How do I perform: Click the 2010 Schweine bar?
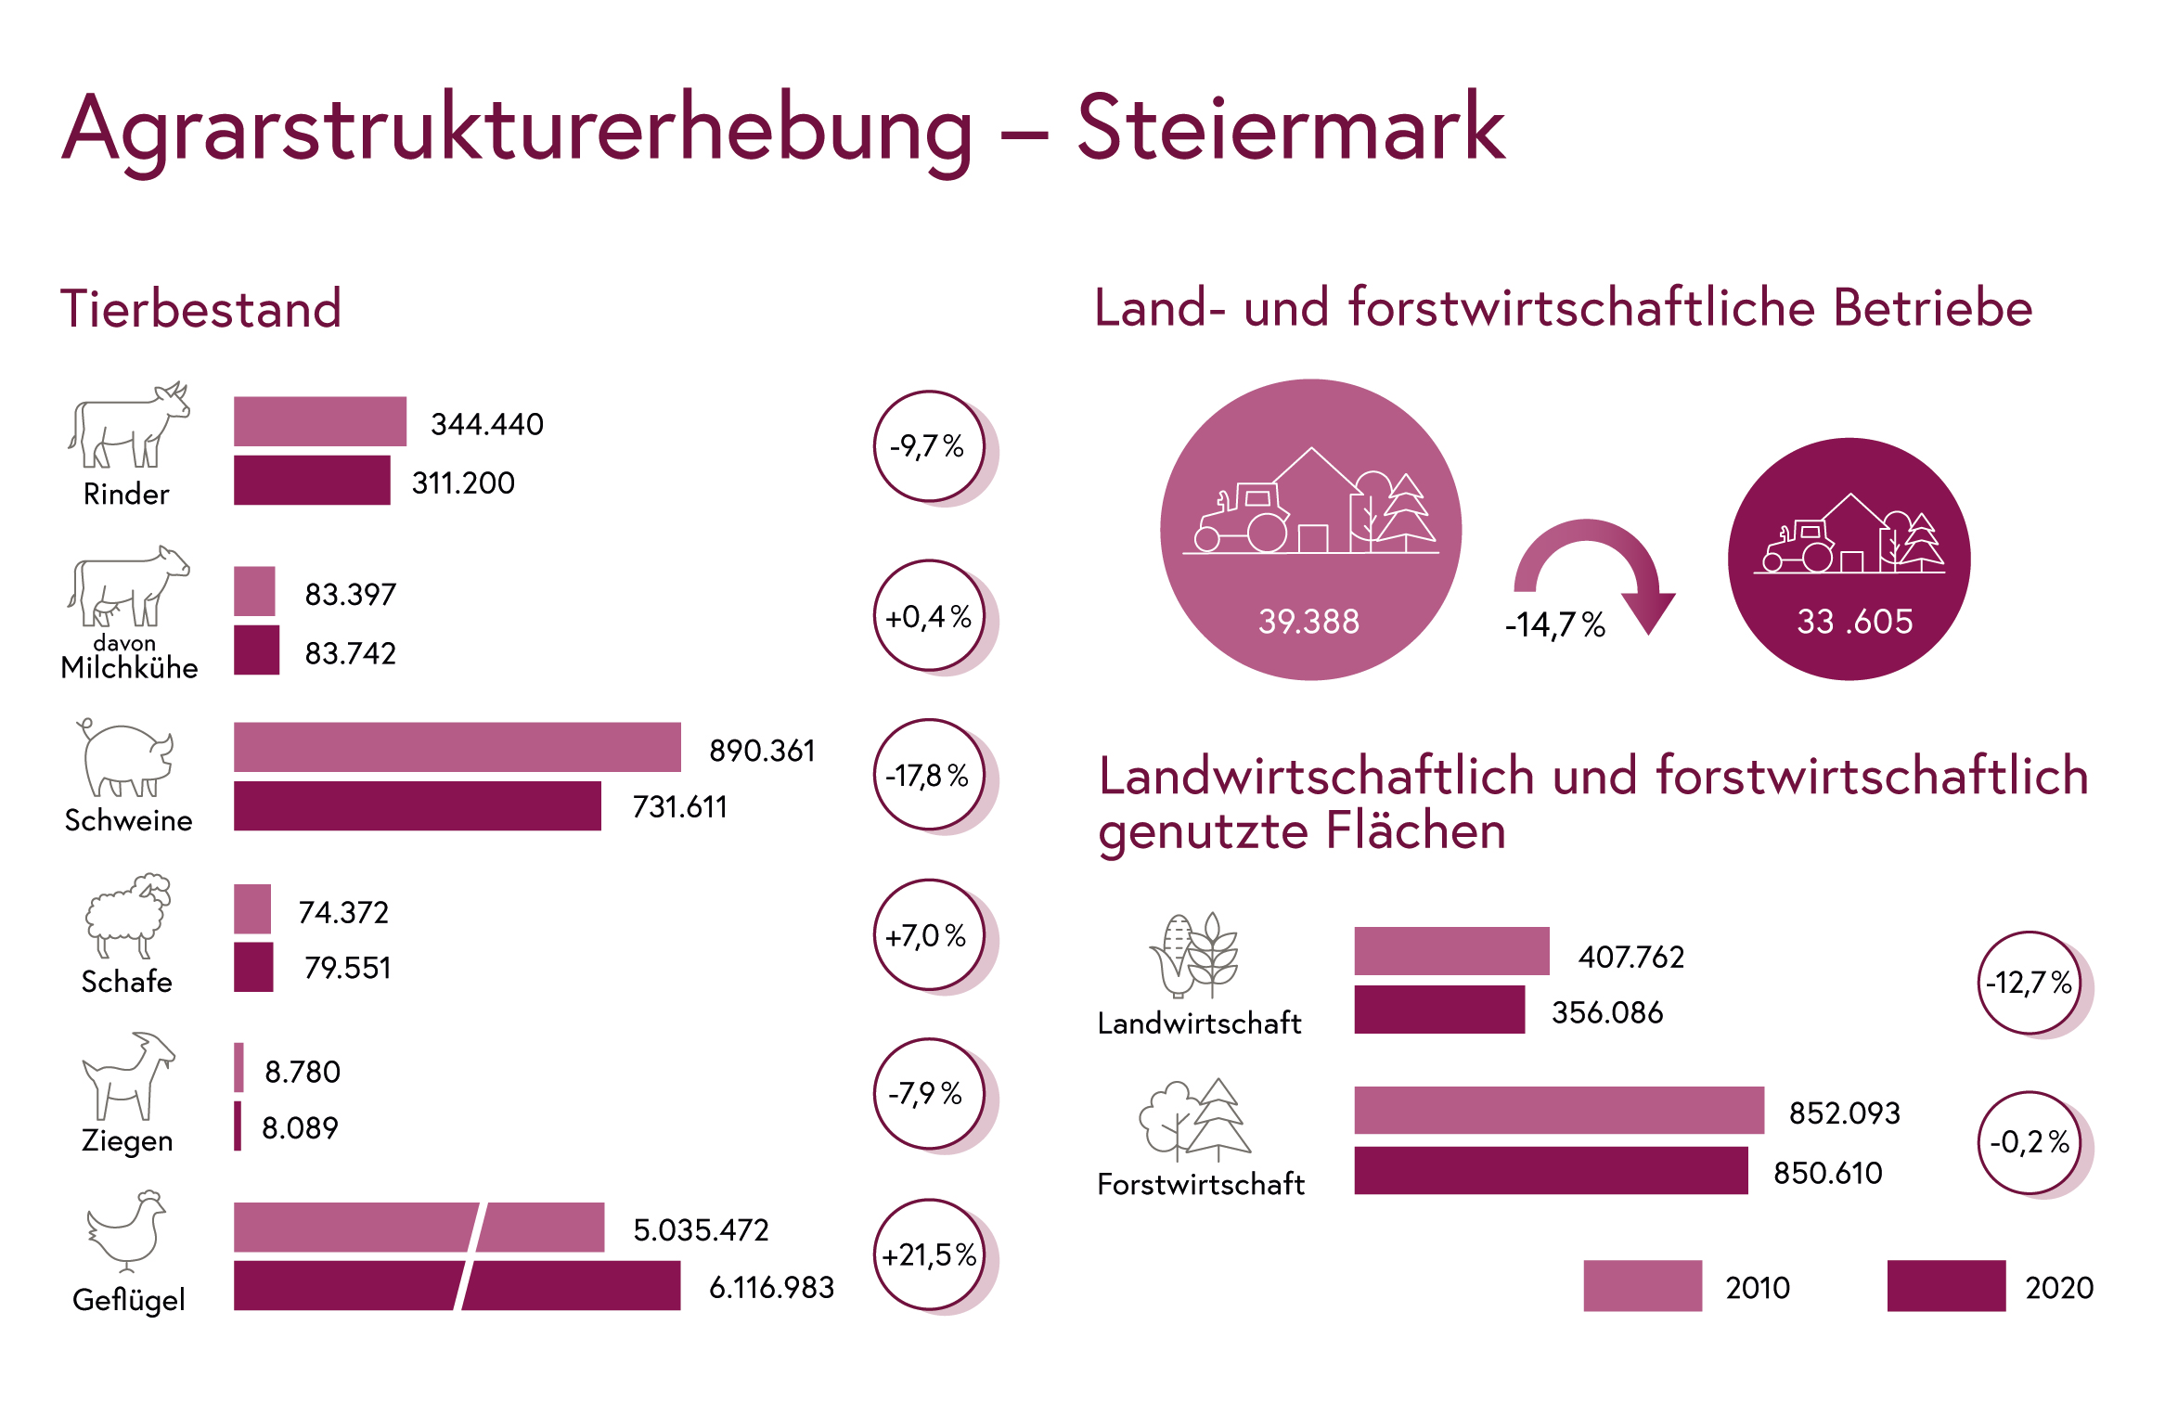(457, 747)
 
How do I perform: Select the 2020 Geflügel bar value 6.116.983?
(771, 1287)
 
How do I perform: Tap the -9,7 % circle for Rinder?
(929, 446)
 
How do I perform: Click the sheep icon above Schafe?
(128, 915)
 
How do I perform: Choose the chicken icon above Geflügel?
(127, 1230)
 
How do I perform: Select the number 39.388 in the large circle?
(1308, 621)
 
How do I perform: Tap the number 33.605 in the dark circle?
(1854, 621)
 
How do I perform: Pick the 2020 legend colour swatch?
(1946, 1286)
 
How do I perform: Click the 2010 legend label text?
(1757, 1288)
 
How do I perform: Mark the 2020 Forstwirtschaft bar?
(1551, 1170)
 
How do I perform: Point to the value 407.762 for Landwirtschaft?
(1630, 957)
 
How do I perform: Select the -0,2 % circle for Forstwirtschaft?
(2030, 1142)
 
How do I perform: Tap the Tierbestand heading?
(201, 308)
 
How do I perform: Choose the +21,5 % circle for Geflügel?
(929, 1254)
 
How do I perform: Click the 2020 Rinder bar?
(312, 480)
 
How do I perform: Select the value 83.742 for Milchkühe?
(350, 653)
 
